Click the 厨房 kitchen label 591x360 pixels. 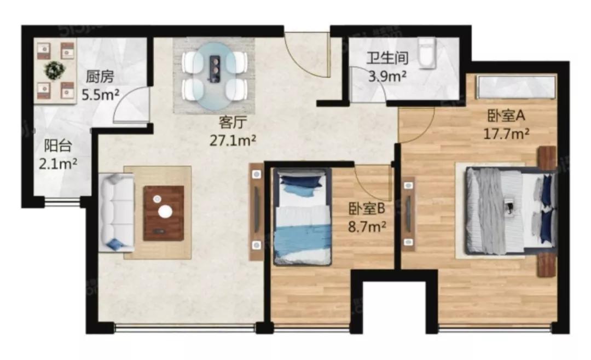coord(100,77)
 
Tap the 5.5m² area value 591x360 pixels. coord(101,95)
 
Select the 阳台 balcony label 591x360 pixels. coord(58,146)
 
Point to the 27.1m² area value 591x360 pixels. coord(233,141)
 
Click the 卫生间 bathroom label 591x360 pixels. coord(388,59)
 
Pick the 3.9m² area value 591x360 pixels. coord(387,77)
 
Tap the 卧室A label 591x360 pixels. coord(506,116)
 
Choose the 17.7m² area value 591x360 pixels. coord(506,134)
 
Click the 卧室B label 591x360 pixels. coord(367,208)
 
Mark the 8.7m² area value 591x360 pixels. coord(367,227)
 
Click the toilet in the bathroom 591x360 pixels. coord(427,53)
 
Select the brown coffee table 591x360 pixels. coord(164,213)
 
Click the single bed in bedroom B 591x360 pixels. coord(302,217)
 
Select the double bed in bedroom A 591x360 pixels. coord(511,211)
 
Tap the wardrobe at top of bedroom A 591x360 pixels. coord(516,87)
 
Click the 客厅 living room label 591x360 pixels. coord(233,123)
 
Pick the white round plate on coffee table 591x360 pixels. coord(165,212)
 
